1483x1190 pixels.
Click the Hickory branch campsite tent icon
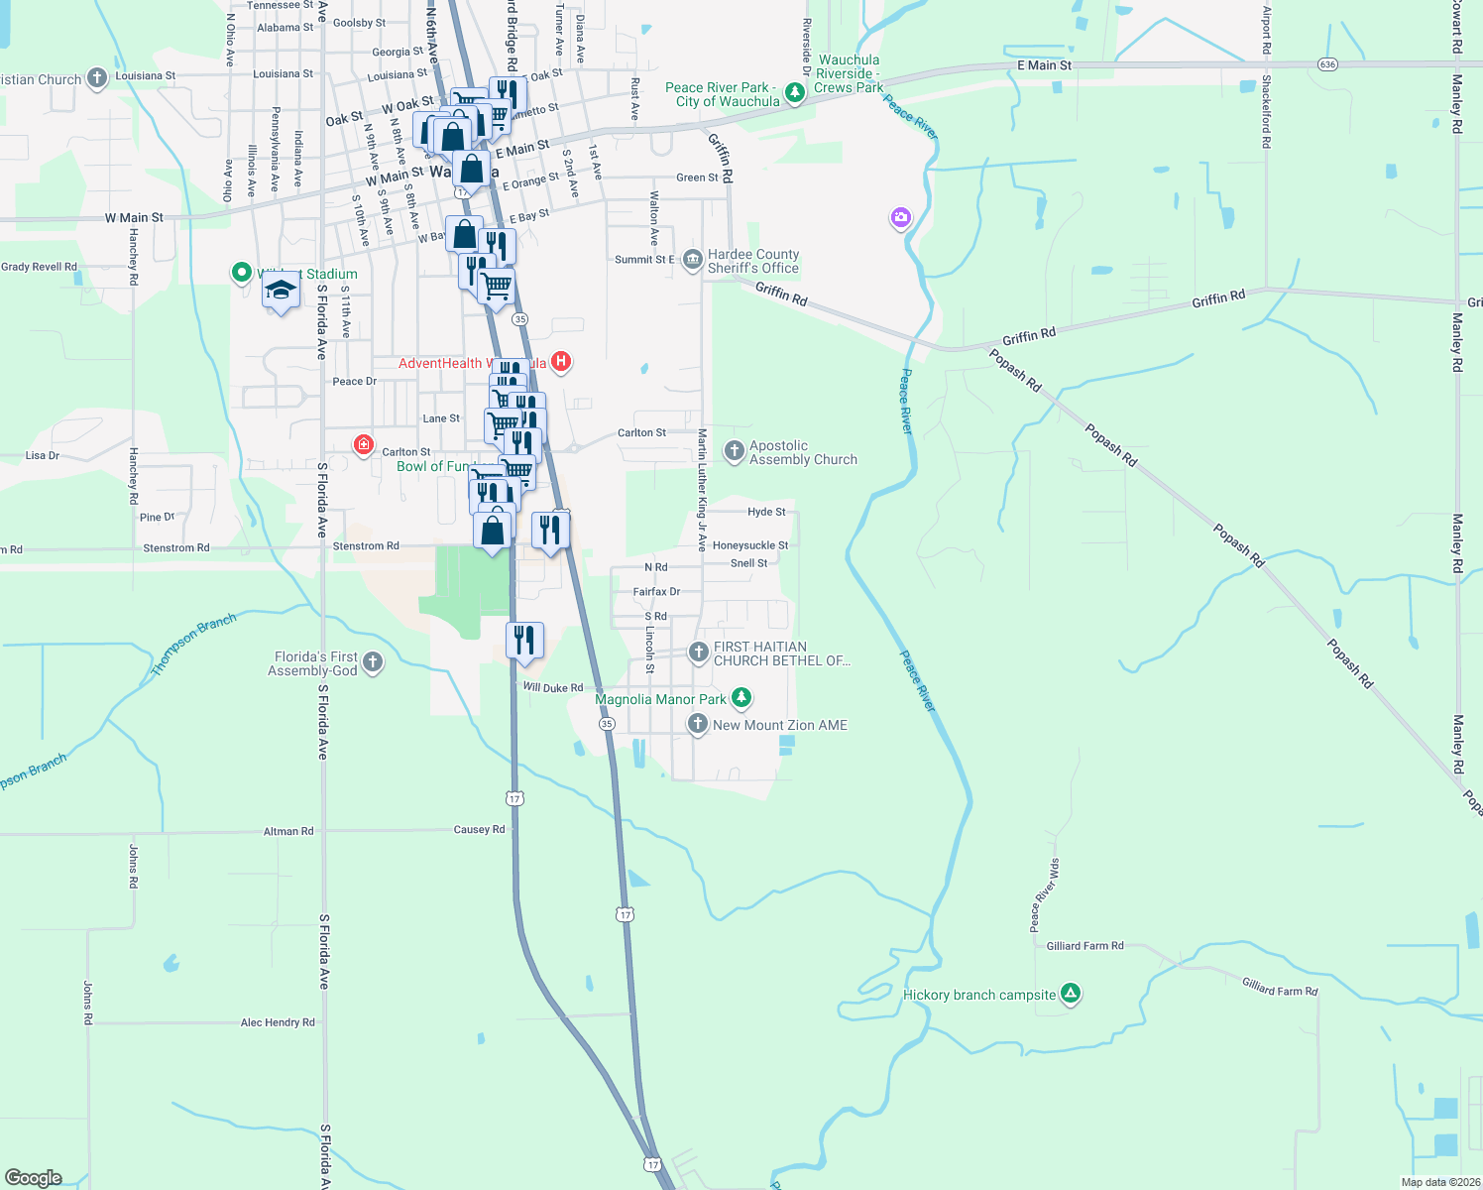click(x=1070, y=993)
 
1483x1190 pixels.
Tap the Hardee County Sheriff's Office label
click(x=752, y=262)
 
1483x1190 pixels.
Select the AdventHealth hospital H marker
click(x=561, y=361)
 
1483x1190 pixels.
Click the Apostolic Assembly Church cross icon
click(x=734, y=452)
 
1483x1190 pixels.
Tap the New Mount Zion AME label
click(x=779, y=725)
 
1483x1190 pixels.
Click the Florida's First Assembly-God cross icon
click(x=373, y=662)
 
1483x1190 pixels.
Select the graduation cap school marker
click(x=282, y=292)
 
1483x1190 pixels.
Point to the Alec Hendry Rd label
click(x=278, y=1022)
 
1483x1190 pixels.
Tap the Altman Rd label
click(x=288, y=831)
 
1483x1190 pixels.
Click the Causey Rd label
click(x=479, y=830)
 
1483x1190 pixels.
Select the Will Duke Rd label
click(x=553, y=687)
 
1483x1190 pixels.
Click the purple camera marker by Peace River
click(x=900, y=218)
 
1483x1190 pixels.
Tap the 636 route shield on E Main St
click(x=1327, y=64)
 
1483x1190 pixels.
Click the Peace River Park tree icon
click(x=794, y=93)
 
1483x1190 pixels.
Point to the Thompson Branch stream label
click(x=193, y=646)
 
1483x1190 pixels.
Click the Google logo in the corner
click(x=34, y=1177)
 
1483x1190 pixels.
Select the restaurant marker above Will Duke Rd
click(x=524, y=641)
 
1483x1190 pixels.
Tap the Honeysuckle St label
click(x=749, y=545)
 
